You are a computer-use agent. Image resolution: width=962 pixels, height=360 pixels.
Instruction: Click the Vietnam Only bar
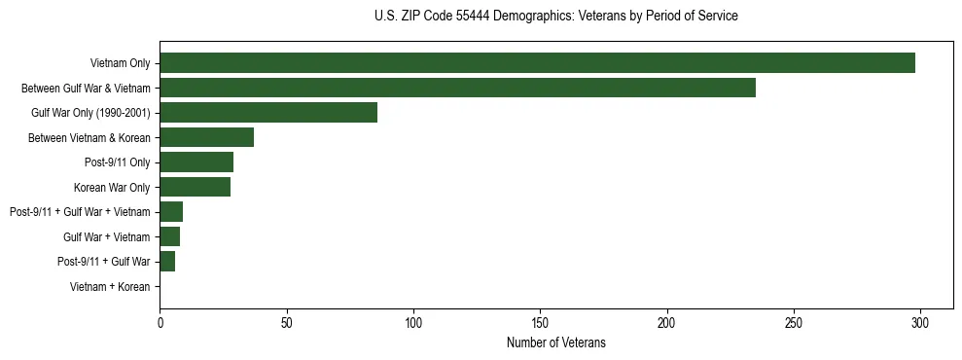point(537,63)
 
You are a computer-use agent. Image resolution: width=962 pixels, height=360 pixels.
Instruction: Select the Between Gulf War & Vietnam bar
point(457,88)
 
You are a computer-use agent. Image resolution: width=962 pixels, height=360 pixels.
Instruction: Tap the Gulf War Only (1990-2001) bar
point(268,113)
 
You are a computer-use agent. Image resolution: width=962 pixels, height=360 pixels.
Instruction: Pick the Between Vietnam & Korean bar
point(206,137)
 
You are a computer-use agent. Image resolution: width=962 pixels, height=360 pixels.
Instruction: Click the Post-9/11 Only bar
point(196,162)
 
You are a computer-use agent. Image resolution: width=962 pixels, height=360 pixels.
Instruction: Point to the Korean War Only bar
point(195,187)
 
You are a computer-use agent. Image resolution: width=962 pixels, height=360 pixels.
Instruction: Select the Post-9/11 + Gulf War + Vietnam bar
point(171,212)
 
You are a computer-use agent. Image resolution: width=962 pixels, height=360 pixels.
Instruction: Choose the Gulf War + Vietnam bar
point(169,236)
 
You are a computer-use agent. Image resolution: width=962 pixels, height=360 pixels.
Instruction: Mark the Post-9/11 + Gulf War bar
point(167,262)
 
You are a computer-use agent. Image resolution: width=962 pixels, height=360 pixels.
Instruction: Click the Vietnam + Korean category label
point(110,287)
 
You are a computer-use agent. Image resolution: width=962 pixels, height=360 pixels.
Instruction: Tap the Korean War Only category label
point(112,187)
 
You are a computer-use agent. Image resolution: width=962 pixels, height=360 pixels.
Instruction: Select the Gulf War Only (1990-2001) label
point(90,113)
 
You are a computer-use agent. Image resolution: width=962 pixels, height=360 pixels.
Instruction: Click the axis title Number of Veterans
point(556,342)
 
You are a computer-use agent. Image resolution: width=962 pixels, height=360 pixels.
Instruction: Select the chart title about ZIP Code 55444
point(555,17)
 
